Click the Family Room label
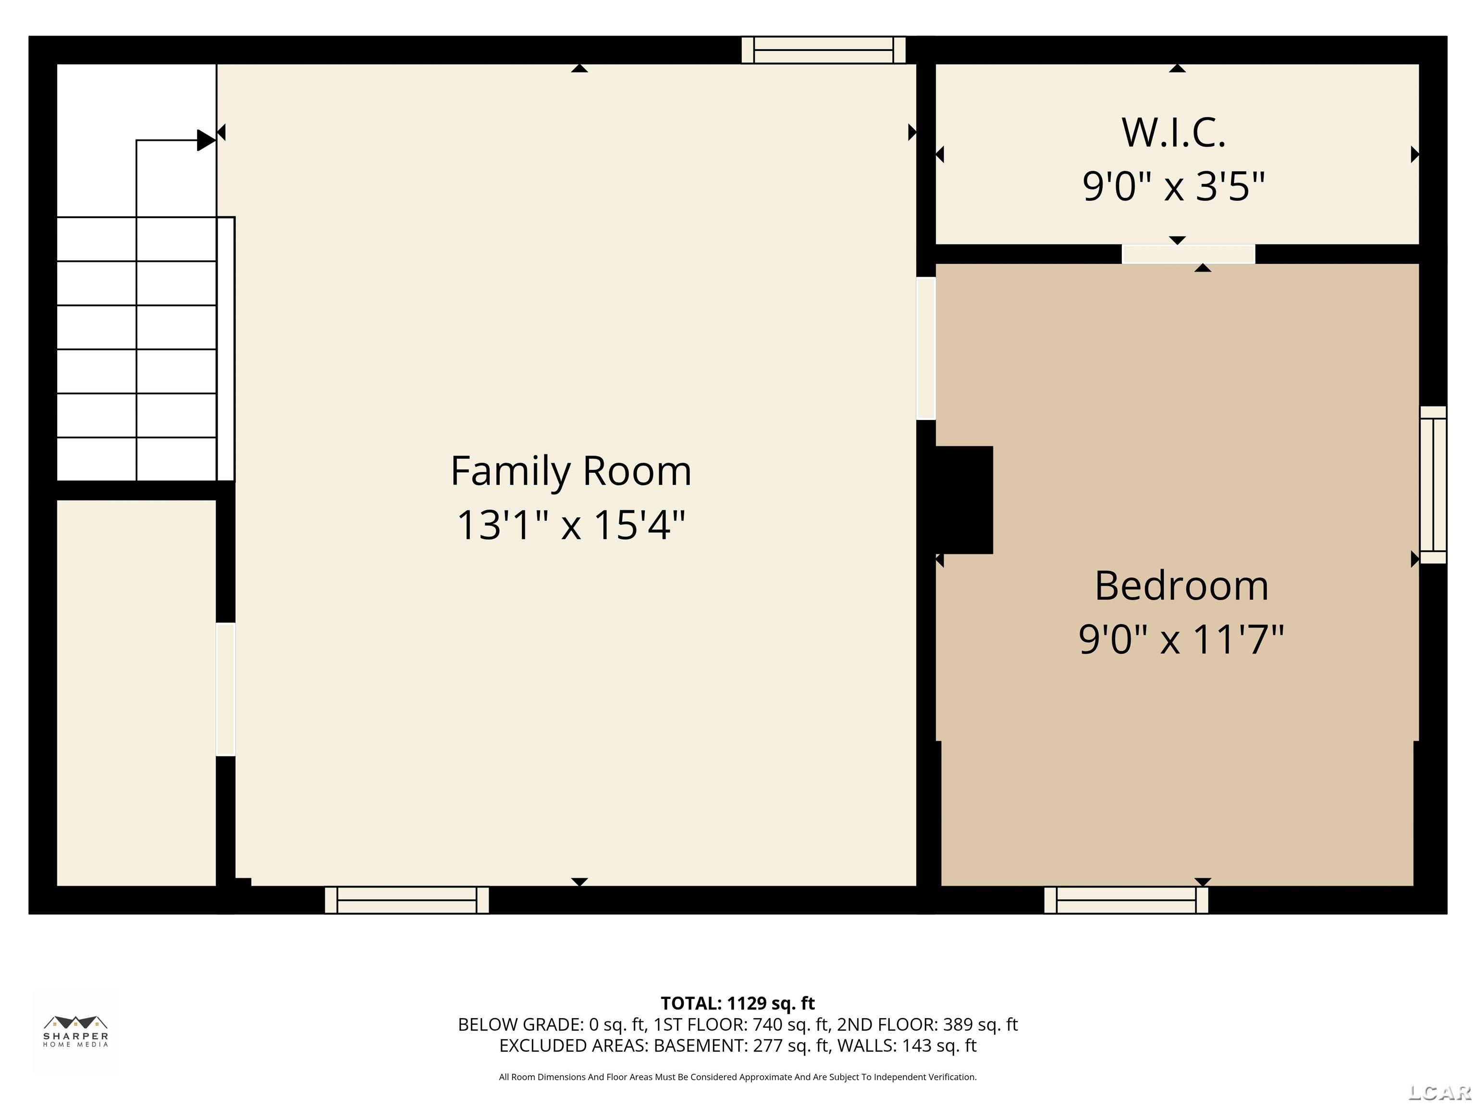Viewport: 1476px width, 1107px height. point(571,471)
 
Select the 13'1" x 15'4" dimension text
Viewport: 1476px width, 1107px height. point(571,525)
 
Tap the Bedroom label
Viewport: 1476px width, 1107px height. point(1181,586)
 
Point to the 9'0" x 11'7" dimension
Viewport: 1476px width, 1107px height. point(1181,639)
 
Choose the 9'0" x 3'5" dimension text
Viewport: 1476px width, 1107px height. point(1174,186)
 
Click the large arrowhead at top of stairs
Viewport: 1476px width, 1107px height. point(206,140)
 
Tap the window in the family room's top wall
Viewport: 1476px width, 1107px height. point(824,50)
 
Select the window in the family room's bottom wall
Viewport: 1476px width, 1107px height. point(406,899)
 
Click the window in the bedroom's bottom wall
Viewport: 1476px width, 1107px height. point(1126,899)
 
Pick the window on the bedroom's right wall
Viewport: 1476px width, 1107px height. point(1433,485)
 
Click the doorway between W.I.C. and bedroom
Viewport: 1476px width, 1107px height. point(1188,254)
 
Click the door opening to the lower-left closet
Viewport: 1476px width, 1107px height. point(225,689)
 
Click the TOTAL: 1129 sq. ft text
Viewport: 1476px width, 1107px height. point(738,1003)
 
